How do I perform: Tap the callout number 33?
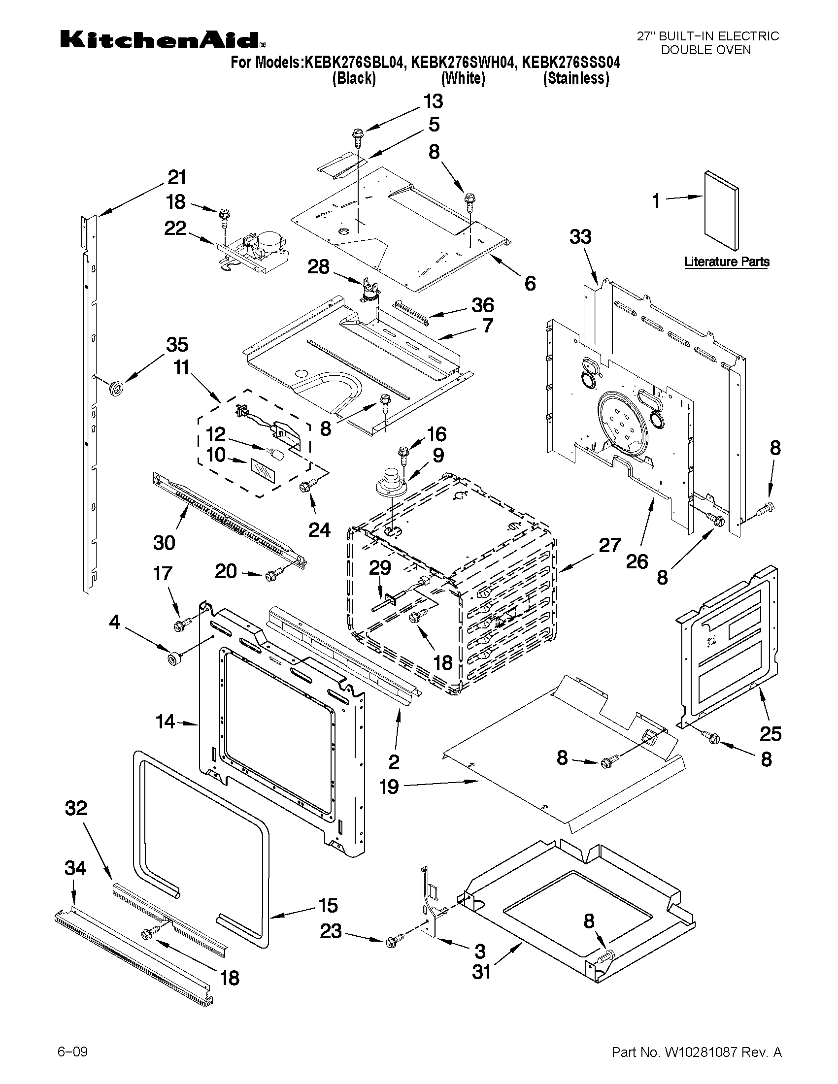pyautogui.click(x=580, y=237)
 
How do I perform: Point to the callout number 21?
pyautogui.click(x=176, y=178)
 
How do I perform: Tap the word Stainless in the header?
pyautogui.click(x=576, y=78)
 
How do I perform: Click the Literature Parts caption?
pyautogui.click(x=727, y=262)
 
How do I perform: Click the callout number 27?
pyautogui.click(x=609, y=545)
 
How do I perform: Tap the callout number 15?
pyautogui.click(x=328, y=905)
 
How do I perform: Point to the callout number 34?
pyautogui.click(x=75, y=868)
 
